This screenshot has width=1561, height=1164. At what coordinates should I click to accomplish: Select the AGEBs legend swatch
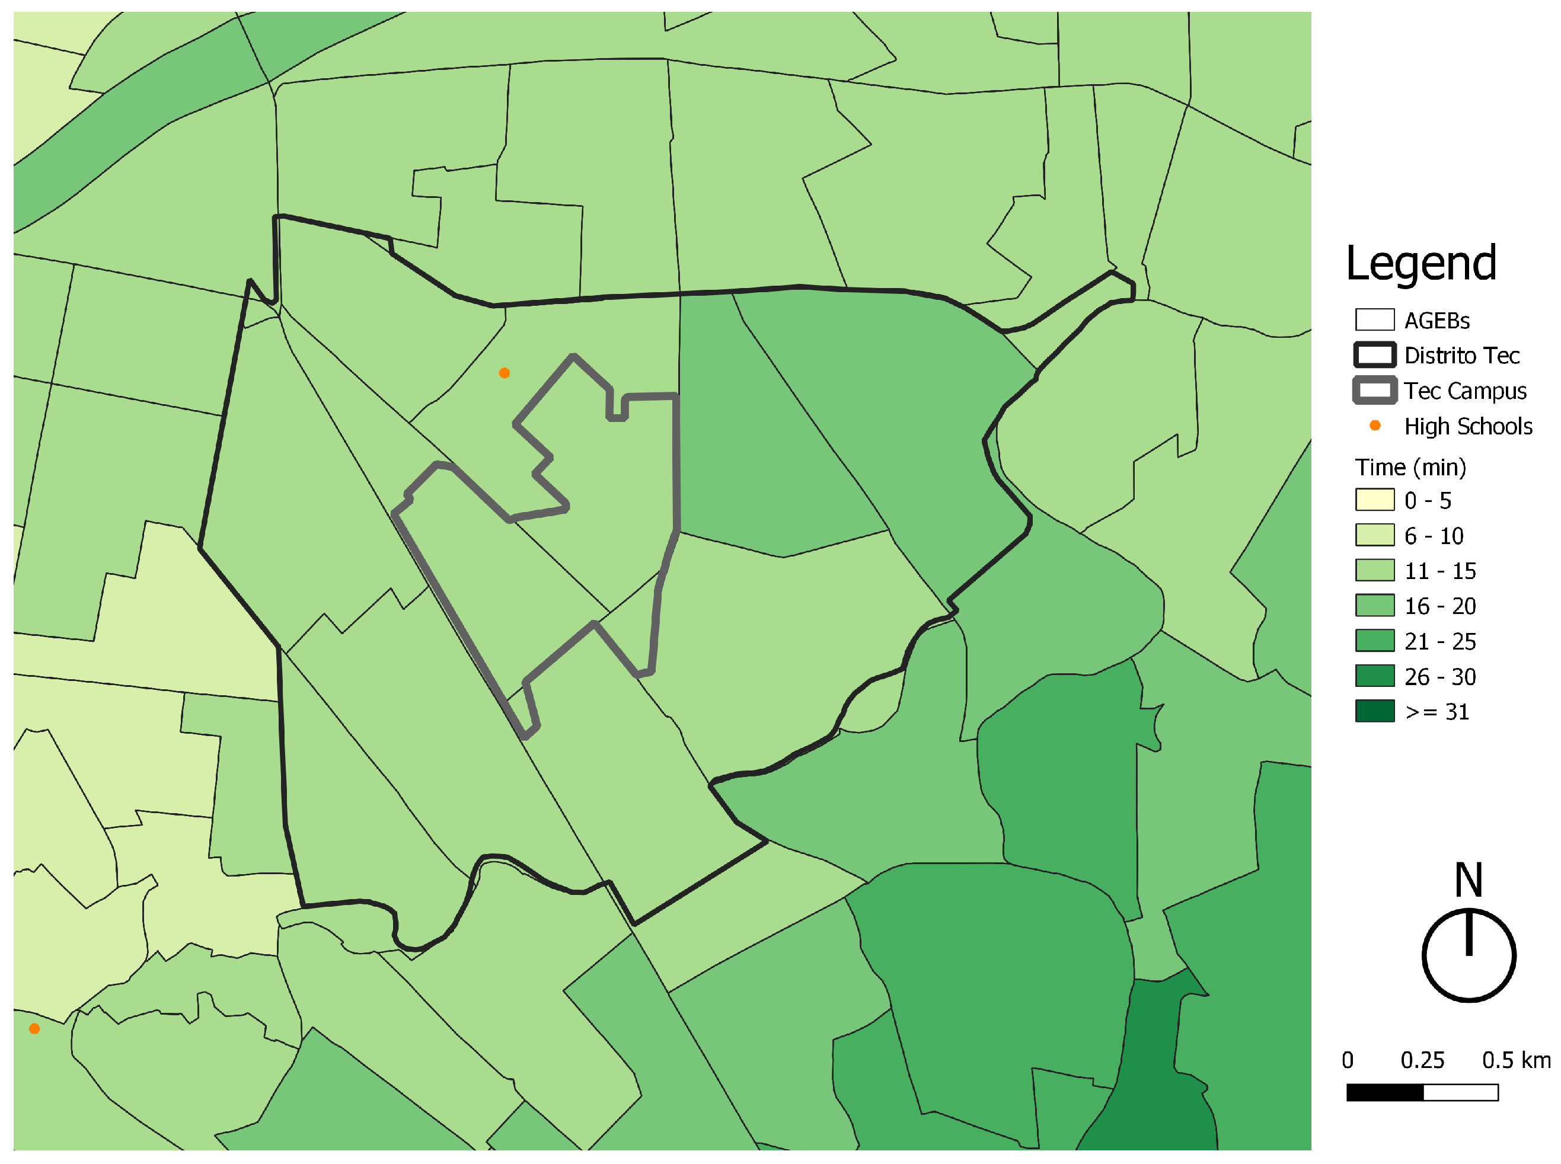pos(1374,319)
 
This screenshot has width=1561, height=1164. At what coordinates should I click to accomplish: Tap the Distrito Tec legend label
pos(1461,355)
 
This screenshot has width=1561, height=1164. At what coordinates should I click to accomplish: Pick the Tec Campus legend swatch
pos(1374,391)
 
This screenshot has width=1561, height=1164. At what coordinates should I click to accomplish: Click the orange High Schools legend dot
pos(1374,425)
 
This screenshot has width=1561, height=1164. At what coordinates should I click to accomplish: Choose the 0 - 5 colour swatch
pos(1374,500)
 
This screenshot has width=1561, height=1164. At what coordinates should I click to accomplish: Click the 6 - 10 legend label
pos(1433,536)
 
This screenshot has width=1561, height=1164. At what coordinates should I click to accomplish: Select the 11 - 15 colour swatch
pos(1374,570)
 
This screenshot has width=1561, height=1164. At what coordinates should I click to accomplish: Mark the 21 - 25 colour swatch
pos(1374,641)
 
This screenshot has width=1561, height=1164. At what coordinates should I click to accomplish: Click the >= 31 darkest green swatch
pos(1374,711)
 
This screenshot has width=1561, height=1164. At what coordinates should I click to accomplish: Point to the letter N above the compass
pos(1468,880)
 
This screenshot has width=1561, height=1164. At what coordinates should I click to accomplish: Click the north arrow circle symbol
pos(1468,955)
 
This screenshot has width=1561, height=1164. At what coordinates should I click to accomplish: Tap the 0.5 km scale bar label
pos(1515,1060)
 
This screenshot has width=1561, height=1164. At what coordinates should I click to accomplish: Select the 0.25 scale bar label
pos(1422,1060)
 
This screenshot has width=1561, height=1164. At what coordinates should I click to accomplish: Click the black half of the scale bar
pos(1384,1093)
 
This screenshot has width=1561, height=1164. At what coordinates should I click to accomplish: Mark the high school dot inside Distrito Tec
pos(504,373)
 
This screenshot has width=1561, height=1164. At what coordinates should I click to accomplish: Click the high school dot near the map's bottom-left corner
pos(34,1029)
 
